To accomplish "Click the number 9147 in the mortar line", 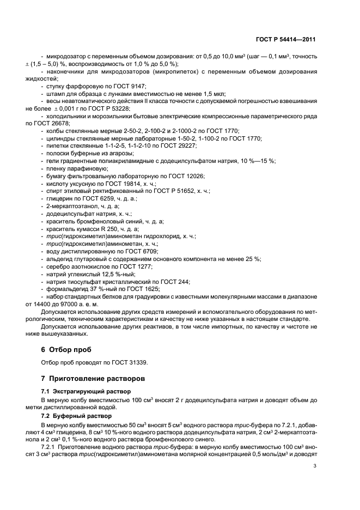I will tap(138, 87).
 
